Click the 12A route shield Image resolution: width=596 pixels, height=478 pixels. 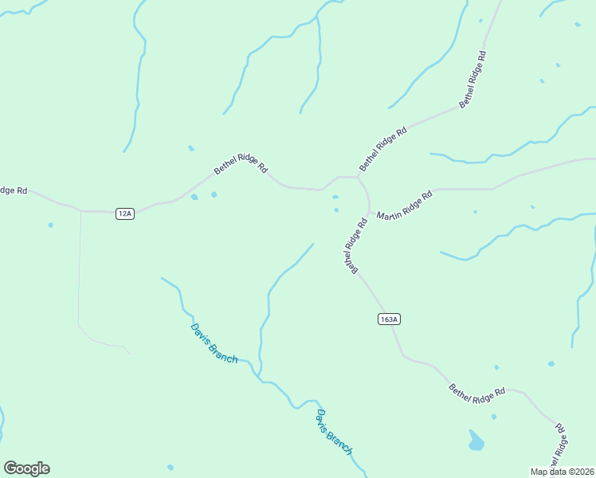pos(124,214)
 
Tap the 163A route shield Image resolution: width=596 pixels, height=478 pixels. pos(388,319)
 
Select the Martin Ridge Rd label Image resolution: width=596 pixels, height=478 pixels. pos(405,206)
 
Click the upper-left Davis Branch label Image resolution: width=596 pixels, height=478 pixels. pos(214,343)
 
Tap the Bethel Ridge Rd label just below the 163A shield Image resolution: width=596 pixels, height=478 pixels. pos(477,393)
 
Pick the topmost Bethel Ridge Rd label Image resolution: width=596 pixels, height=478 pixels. pos(472,79)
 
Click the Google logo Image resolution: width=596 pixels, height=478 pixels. pos(26,468)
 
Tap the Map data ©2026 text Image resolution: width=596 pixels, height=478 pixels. pos(563,472)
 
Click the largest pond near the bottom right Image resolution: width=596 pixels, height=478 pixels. pos(476,441)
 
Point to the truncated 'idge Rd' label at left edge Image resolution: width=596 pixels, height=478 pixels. pos(14,190)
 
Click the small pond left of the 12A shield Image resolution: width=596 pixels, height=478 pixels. pos(50,225)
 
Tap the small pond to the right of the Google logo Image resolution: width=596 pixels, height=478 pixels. pos(170,467)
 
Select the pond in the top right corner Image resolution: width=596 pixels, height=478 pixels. pos(577,25)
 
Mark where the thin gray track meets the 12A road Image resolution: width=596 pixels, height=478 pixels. pos(81,211)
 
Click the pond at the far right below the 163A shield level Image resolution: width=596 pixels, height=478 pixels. pos(551,364)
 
